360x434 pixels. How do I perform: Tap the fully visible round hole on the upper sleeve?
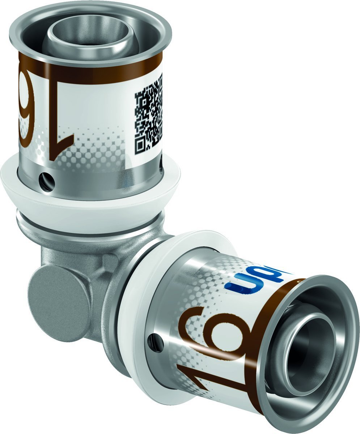[48, 180]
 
